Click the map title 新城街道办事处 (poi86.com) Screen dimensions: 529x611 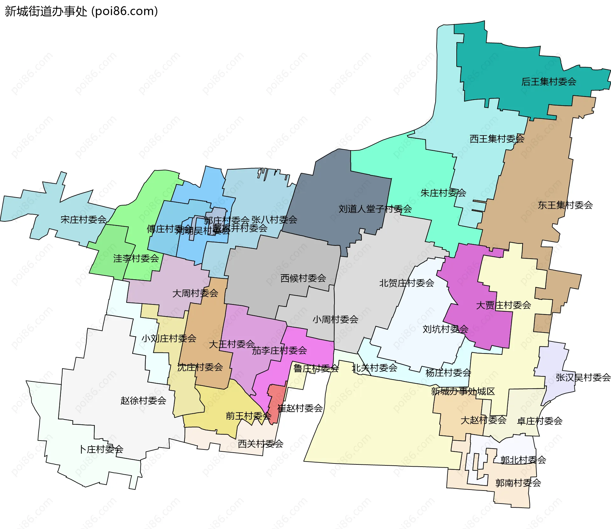tap(81, 11)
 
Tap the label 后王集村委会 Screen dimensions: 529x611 tap(549, 82)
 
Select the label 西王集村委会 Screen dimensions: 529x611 tap(497, 139)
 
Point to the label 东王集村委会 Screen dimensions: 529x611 tap(565, 205)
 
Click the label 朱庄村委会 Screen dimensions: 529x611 tap(443, 193)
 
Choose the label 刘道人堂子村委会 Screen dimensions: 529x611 tap(375, 209)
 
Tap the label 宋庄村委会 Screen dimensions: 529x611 tap(83, 220)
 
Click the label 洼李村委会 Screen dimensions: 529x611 tap(136, 259)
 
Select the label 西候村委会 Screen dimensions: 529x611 tap(303, 278)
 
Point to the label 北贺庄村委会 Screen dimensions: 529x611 tap(406, 283)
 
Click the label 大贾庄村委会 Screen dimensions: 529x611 tap(503, 305)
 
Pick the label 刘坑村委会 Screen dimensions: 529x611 tap(445, 329)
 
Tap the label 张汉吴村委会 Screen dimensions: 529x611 tap(583, 378)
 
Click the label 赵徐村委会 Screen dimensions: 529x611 tap(143, 401)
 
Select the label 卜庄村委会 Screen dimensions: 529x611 tap(101, 449)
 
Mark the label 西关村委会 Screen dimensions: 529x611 tap(260, 444)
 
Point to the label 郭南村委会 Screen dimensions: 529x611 tap(518, 483)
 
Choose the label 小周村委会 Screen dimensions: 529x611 tap(335, 319)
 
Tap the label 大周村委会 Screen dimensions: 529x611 tap(195, 293)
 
